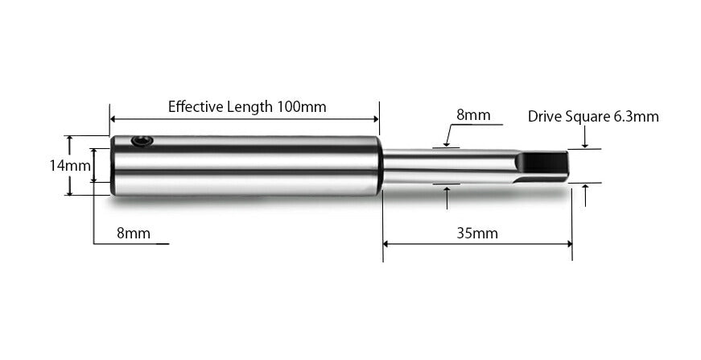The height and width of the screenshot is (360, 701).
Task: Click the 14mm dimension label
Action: (69, 165)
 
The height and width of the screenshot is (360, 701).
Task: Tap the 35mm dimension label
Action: (477, 234)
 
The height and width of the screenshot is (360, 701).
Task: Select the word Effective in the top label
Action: (194, 106)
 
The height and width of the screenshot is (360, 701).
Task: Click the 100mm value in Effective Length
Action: (302, 106)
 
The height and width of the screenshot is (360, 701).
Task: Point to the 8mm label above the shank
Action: (473, 114)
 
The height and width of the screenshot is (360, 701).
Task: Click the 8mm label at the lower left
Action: (134, 234)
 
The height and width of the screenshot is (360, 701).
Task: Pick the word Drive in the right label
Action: (545, 116)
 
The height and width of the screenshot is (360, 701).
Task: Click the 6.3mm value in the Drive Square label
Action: (636, 116)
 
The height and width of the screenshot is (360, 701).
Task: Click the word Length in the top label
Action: (252, 106)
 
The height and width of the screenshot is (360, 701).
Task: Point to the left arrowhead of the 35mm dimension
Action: (386, 243)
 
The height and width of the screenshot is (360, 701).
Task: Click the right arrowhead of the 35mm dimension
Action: (569, 243)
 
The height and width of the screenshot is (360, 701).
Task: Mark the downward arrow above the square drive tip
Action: (585, 145)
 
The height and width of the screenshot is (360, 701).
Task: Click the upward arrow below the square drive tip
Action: (585, 188)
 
